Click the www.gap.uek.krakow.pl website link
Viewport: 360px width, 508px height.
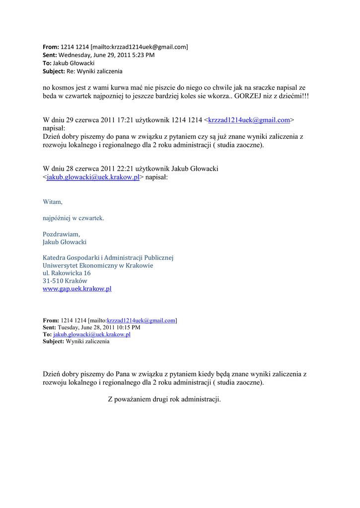pyautogui.click(x=77, y=289)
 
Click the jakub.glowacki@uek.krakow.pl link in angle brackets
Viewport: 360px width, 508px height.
pyautogui.click(x=93, y=177)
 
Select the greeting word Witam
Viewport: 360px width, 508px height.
pyautogui.click(x=53, y=202)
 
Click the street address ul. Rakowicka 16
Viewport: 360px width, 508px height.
pyautogui.click(x=67, y=273)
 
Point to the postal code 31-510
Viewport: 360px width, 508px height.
pyautogui.click(x=53, y=281)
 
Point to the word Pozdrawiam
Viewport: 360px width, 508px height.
pyautogui.click(x=61, y=234)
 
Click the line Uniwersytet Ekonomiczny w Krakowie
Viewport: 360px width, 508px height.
pyautogui.click(x=98, y=265)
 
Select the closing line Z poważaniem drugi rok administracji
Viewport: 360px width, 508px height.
pyautogui.click(x=164, y=399)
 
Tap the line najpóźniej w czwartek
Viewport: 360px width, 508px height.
pyautogui.click(x=73, y=218)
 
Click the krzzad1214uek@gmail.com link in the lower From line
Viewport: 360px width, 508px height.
pyautogui.click(x=142, y=320)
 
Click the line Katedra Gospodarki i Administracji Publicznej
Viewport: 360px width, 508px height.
pyautogui.click(x=108, y=257)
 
